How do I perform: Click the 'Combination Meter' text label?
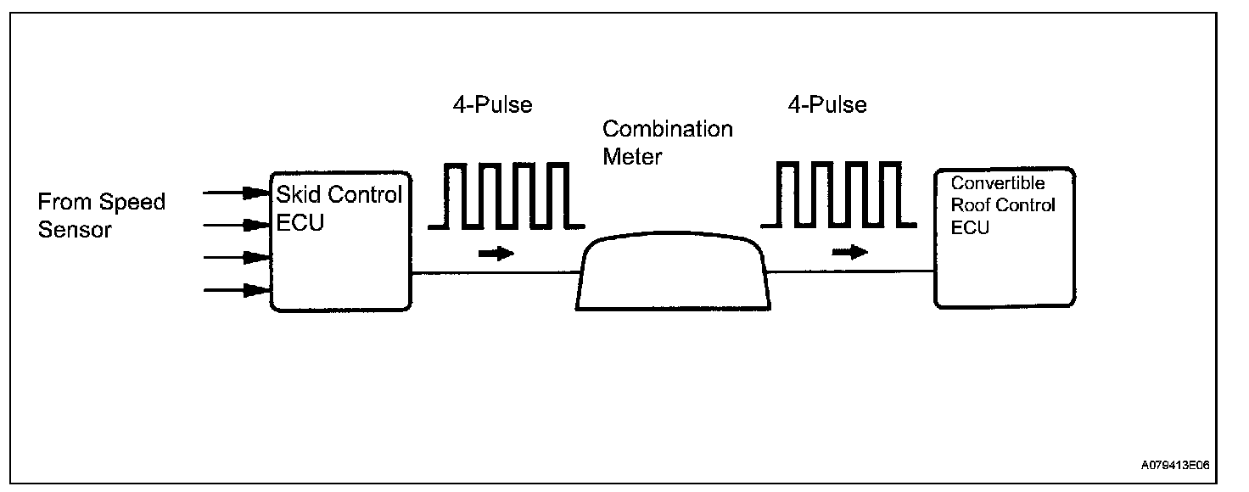click(667, 143)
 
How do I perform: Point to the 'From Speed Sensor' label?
click(102, 215)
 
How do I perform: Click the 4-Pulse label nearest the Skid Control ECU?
click(493, 105)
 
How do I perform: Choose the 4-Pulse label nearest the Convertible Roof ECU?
click(826, 105)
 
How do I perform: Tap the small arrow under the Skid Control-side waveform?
click(496, 253)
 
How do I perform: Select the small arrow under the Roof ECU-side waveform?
click(849, 252)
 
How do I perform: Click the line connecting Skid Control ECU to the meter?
click(495, 272)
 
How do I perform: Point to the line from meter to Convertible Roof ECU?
click(850, 271)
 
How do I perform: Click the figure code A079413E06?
click(1175, 466)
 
